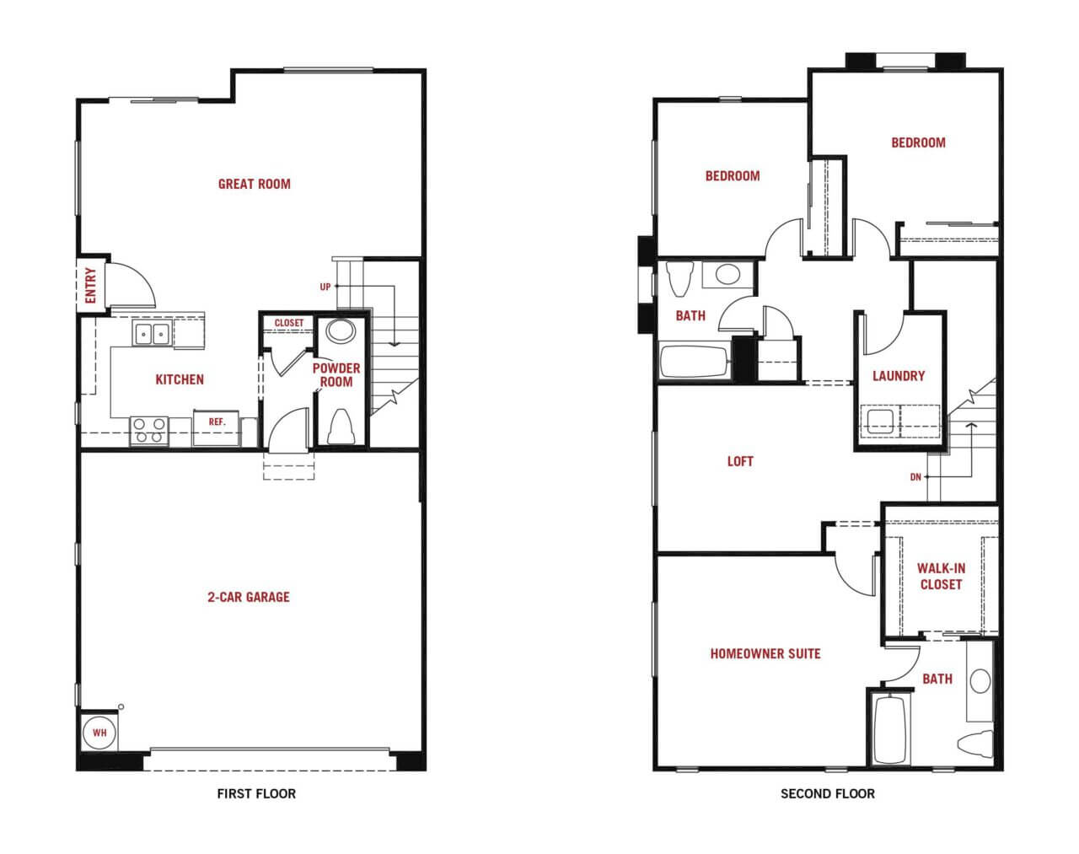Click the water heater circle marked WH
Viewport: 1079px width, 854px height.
pyautogui.click(x=99, y=733)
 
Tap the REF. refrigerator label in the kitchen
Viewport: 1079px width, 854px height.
pyautogui.click(x=217, y=422)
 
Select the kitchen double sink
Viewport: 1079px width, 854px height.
pyautogui.click(x=151, y=334)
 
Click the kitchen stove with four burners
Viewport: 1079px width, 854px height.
pyautogui.click(x=149, y=431)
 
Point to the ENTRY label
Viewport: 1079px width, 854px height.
pyautogui.click(x=90, y=285)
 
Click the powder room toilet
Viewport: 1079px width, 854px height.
pyautogui.click(x=341, y=427)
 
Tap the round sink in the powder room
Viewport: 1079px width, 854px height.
pyautogui.click(x=341, y=331)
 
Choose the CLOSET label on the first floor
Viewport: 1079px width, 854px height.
pyautogui.click(x=289, y=323)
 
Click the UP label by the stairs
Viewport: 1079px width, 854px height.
pyautogui.click(x=325, y=287)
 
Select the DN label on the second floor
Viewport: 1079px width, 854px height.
pyautogui.click(x=915, y=477)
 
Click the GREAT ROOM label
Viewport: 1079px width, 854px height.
pyautogui.click(x=255, y=184)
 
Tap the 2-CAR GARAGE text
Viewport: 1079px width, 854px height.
pyautogui.click(x=249, y=597)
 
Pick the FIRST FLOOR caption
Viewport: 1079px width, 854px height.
pyautogui.click(x=256, y=793)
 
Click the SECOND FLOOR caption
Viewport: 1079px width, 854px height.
pyautogui.click(x=827, y=793)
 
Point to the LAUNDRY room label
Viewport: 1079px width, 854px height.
pyautogui.click(x=899, y=376)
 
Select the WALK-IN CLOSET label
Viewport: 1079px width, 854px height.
pyautogui.click(x=941, y=576)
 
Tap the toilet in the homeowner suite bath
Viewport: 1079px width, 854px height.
pyautogui.click(x=975, y=744)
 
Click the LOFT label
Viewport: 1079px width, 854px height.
pyautogui.click(x=740, y=461)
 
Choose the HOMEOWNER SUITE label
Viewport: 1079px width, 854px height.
pyautogui.click(x=765, y=653)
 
